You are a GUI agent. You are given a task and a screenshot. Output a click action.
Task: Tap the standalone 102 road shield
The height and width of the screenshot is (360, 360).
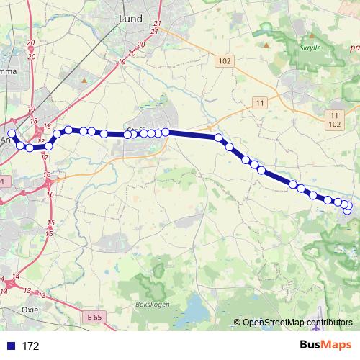point(223,61)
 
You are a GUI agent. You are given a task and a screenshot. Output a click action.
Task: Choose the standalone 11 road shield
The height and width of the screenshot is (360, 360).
point(260,104)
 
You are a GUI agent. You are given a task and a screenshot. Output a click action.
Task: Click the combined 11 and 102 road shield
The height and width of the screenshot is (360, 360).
point(334,119)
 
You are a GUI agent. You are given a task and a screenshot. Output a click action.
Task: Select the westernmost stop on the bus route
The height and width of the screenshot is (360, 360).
point(11,134)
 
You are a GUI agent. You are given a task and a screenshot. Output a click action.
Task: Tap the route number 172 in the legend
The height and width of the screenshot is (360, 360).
point(30,346)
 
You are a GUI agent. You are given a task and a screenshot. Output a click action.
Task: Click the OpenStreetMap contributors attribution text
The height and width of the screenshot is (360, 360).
point(297,323)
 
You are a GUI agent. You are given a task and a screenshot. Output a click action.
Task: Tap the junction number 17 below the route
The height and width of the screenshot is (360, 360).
point(44,156)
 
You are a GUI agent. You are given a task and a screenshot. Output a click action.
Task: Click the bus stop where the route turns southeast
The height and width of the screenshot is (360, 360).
point(218,136)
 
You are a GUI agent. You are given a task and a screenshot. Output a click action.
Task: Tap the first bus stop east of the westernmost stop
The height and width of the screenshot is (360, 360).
point(20,146)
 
